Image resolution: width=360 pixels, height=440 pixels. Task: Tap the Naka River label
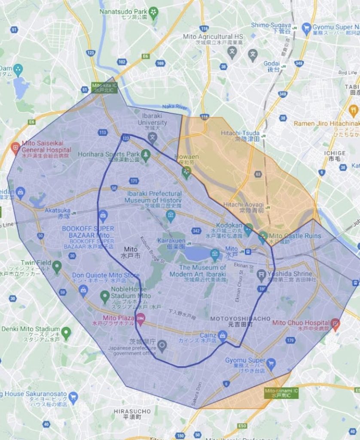pos(174,107)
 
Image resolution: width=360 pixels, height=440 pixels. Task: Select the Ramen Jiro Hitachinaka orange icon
pos(353,114)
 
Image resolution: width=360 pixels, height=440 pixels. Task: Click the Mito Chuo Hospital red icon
pos(336,323)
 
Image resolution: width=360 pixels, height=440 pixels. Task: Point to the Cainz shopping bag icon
pos(222,335)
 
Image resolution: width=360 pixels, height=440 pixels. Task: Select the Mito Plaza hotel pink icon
pos(140,318)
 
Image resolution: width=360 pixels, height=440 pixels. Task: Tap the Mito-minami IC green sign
pos(275,393)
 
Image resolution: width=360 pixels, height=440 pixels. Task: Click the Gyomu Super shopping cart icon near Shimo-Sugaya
pos(306,28)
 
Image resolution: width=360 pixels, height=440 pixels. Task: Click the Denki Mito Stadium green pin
pos(66,332)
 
